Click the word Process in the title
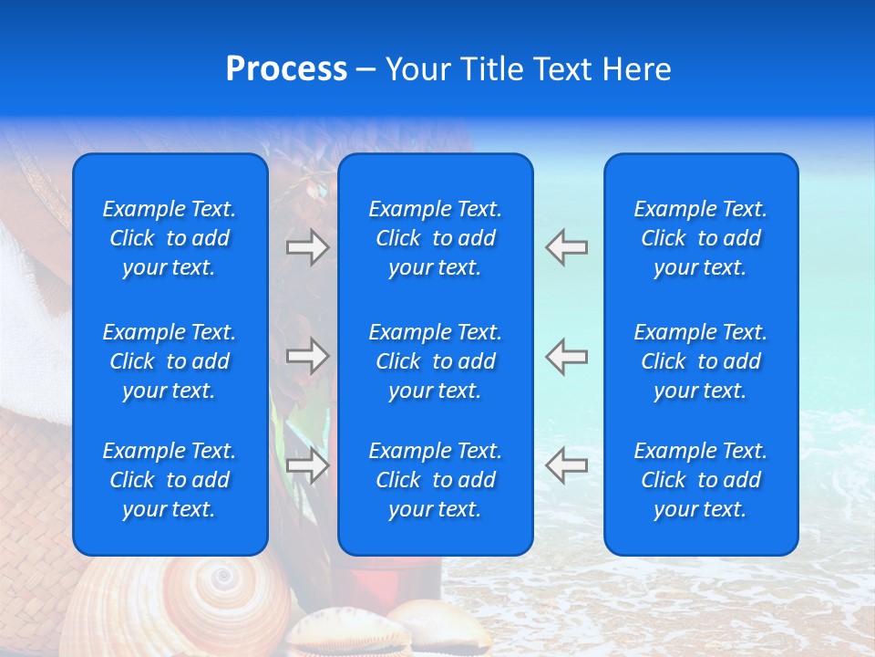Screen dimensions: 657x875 click(x=286, y=69)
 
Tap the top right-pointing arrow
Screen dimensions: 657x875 click(x=307, y=247)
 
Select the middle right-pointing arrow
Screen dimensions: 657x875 click(x=307, y=356)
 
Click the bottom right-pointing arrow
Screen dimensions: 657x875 click(x=307, y=465)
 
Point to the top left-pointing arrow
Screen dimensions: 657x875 click(x=567, y=247)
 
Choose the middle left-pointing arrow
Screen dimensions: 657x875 click(x=567, y=356)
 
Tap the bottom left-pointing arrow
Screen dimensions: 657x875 click(x=567, y=465)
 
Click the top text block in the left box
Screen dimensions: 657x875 click(x=170, y=238)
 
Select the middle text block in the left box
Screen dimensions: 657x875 click(x=170, y=361)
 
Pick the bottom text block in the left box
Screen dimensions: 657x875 click(x=170, y=480)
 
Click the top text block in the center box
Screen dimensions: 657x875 click(x=435, y=238)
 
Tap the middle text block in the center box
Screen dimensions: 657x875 click(x=435, y=361)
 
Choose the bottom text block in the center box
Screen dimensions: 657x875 click(x=435, y=480)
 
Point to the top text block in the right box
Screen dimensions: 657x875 click(x=700, y=238)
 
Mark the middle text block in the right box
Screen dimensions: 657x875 click(x=700, y=361)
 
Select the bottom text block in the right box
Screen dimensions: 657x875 click(x=700, y=480)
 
